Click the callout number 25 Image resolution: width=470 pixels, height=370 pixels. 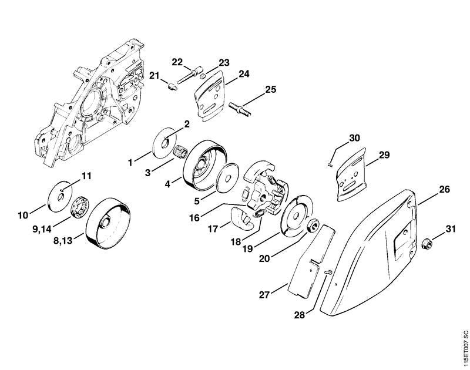(271, 90)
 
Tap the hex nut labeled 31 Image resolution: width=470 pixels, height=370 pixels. (428, 244)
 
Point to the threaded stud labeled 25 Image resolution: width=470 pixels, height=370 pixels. (240, 109)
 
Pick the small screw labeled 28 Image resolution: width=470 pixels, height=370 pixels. (328, 272)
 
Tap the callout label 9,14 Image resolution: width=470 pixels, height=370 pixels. (42, 229)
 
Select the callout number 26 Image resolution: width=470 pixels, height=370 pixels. (445, 190)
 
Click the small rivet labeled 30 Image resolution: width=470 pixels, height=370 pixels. (330, 164)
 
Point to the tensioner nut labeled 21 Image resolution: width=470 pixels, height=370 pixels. (172, 87)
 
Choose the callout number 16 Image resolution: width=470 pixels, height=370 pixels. (194, 218)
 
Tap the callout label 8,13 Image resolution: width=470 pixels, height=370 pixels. (63, 241)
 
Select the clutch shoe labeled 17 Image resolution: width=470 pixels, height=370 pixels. (241, 220)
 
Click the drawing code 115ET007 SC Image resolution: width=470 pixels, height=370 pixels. (465, 348)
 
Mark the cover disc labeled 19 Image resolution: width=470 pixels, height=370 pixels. (297, 214)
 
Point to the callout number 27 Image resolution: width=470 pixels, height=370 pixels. (264, 295)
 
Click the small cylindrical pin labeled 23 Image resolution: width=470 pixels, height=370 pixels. (203, 76)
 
